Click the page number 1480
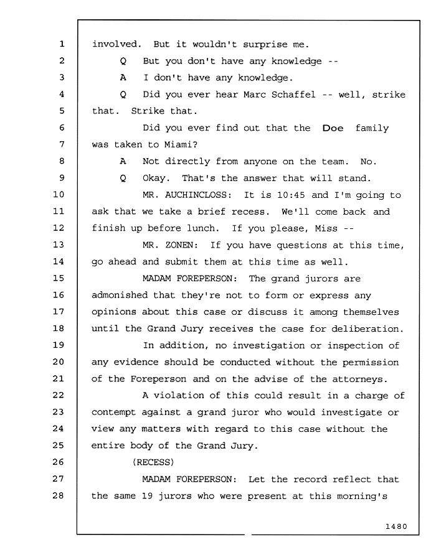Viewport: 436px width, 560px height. (x=396, y=526)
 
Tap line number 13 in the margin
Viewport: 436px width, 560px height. (x=59, y=245)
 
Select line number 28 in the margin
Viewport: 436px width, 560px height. (x=59, y=495)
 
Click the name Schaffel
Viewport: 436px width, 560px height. (x=293, y=95)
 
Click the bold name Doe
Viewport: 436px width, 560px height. (x=333, y=128)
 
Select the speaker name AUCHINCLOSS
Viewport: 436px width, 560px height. (x=198, y=195)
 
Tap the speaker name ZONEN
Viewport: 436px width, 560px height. (x=181, y=245)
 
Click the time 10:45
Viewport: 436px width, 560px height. (x=291, y=195)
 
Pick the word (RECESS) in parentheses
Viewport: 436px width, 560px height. (x=153, y=462)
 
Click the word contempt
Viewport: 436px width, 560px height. (x=113, y=413)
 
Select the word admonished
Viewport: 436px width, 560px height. (x=120, y=295)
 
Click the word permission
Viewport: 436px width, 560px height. (x=370, y=363)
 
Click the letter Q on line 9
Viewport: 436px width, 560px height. (x=123, y=178)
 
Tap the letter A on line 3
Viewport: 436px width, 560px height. (x=123, y=78)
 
